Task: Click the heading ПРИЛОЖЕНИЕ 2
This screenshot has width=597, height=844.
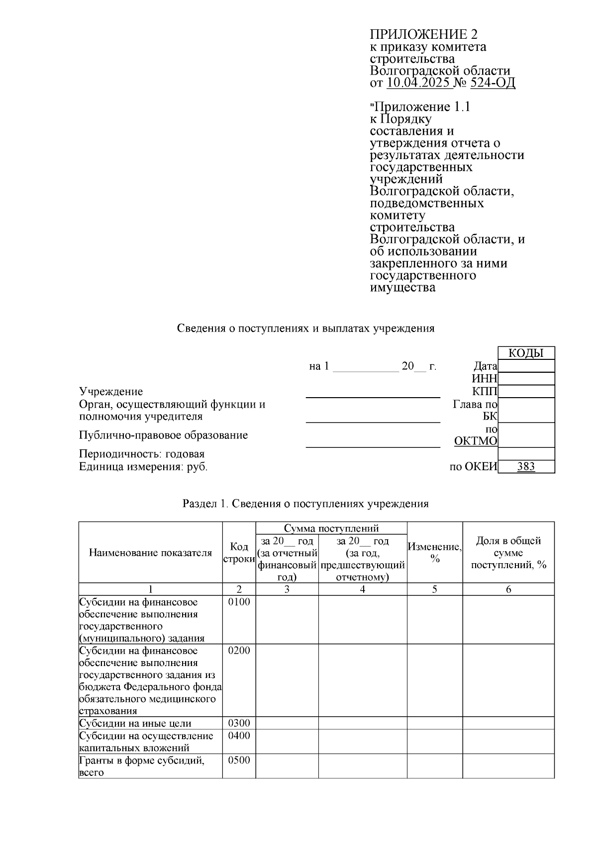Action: [423, 34]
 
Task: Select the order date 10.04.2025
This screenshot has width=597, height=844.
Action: [419, 83]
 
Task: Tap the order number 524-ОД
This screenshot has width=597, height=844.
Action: [493, 83]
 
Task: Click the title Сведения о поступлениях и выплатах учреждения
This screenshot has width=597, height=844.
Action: [306, 329]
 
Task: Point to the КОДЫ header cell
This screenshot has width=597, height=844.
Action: [525, 353]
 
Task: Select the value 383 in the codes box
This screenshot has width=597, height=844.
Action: [526, 467]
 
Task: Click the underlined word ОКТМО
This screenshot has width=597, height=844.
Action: [476, 441]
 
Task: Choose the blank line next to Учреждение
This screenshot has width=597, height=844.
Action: [373, 393]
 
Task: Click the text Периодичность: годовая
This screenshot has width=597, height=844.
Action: [142, 454]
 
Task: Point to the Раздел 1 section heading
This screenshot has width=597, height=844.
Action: [305, 504]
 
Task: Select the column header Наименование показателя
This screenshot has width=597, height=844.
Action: [150, 553]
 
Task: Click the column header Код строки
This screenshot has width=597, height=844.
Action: [239, 553]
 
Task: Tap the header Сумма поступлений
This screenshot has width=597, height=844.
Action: [331, 528]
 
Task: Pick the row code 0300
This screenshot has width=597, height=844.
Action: [239, 723]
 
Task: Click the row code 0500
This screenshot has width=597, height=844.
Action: [239, 760]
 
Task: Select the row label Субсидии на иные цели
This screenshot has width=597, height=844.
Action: [135, 724]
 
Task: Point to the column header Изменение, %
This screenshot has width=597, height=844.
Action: [434, 553]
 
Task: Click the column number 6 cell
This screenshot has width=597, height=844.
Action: [508, 589]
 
